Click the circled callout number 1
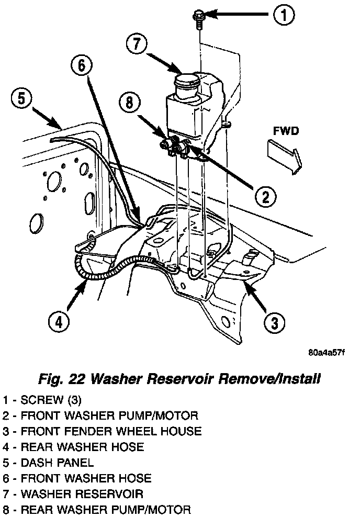[x=283, y=16]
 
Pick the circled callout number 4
[x=59, y=321]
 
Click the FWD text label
[x=286, y=130]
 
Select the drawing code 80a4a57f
[x=327, y=352]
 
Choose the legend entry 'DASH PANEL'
[x=49, y=463]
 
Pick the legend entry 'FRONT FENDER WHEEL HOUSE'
[x=103, y=432]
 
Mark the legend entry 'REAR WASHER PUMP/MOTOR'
[x=97, y=509]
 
